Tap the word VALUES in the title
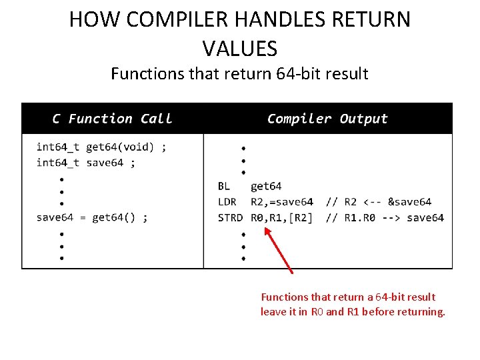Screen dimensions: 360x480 (239, 48)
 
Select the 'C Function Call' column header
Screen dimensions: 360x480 (112, 119)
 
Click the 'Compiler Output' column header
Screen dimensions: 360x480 (327, 119)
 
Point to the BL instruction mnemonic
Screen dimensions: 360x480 (224, 186)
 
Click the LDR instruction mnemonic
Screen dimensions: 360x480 (227, 202)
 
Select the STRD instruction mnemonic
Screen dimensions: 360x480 (230, 218)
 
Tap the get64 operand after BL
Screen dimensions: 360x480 (266, 186)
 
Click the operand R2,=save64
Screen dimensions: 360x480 (281, 202)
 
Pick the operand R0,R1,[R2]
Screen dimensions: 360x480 (281, 218)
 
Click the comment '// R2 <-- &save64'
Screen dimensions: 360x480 (379, 202)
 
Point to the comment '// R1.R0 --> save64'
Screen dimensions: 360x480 (385, 218)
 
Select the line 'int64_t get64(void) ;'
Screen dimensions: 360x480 (101, 147)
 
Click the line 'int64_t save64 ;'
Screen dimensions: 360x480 (85, 163)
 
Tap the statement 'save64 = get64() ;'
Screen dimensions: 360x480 (92, 217)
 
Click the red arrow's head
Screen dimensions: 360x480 (267, 231)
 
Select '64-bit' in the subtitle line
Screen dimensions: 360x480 (299, 73)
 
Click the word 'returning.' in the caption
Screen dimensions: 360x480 (421, 312)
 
